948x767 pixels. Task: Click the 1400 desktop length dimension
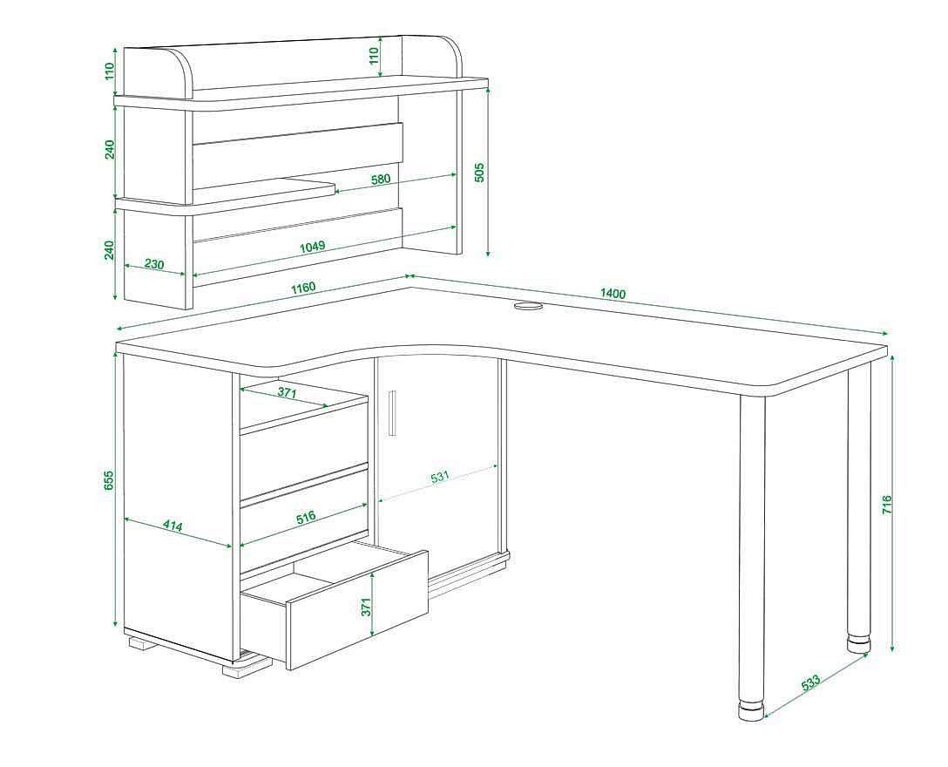613,294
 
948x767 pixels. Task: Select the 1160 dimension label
303,287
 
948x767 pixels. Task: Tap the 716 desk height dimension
887,505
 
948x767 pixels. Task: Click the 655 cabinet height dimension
109,479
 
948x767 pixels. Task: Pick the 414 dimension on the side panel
173,526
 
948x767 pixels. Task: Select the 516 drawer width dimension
305,518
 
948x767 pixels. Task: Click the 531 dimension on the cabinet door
440,477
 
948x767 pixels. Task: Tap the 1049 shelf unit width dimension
313,246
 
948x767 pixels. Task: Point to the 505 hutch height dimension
480,172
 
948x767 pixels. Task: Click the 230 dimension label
154,264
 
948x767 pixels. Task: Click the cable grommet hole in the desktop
528,307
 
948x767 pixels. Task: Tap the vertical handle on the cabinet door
392,412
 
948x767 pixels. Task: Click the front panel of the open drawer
358,609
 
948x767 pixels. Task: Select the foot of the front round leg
751,710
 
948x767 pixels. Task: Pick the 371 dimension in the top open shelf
288,392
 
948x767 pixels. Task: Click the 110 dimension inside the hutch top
374,55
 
